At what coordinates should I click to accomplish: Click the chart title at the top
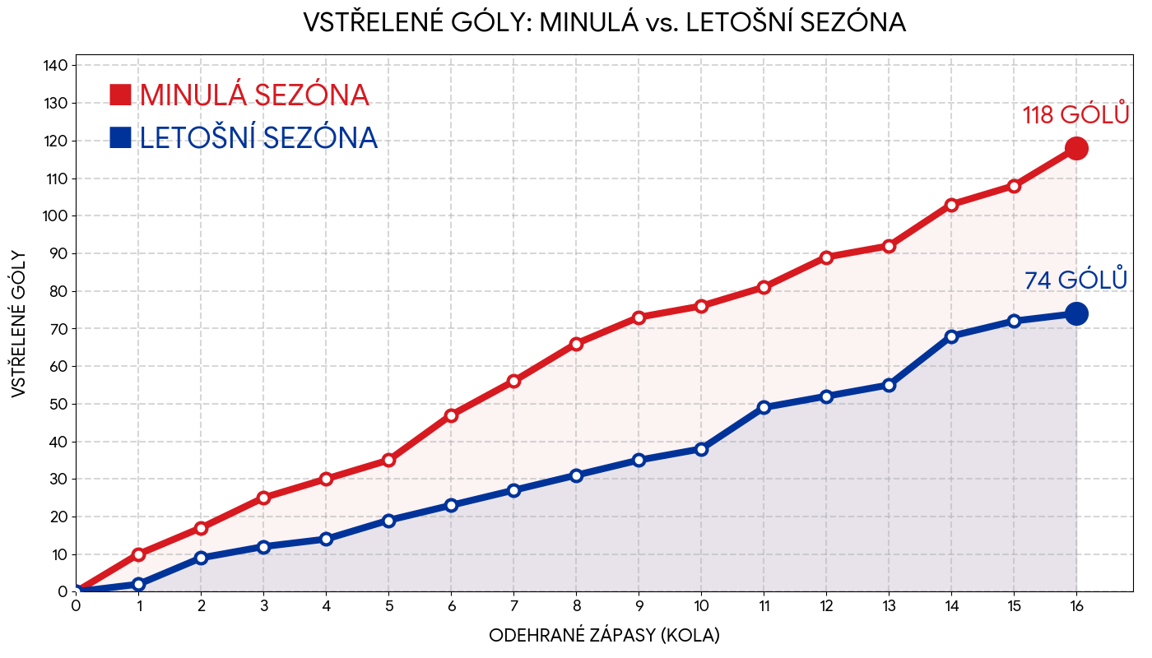[x=604, y=23]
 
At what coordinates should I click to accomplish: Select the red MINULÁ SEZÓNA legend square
[x=120, y=95]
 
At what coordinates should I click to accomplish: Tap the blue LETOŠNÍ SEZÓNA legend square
[x=120, y=137]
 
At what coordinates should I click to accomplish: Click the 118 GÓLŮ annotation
[x=1075, y=115]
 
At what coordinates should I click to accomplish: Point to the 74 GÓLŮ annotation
[x=1075, y=280]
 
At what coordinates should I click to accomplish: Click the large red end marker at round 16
[x=1076, y=149]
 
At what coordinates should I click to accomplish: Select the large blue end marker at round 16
[x=1076, y=313]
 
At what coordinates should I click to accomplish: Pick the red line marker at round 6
[x=451, y=415]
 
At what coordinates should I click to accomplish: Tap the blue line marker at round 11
[x=764, y=407]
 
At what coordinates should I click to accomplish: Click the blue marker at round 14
[x=951, y=336]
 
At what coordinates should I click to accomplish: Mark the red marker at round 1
[x=138, y=554]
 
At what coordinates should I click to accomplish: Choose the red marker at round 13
[x=889, y=246]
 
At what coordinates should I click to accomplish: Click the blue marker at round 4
[x=326, y=539]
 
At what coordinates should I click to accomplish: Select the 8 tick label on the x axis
[x=576, y=607]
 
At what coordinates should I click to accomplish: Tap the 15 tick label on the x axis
[x=1014, y=607]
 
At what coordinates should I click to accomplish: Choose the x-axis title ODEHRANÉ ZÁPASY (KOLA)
[x=604, y=636]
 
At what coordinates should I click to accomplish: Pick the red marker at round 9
[x=639, y=317]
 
